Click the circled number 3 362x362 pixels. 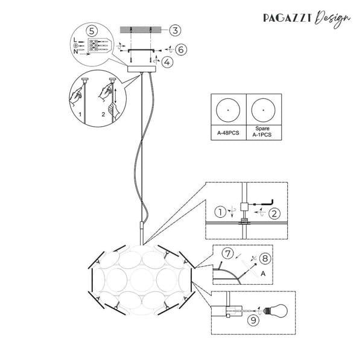(175, 30)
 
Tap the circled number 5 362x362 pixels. (92, 31)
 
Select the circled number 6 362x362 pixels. (181, 49)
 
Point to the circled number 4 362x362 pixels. (167, 62)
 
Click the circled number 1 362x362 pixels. (220, 212)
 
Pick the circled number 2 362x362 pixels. (275, 214)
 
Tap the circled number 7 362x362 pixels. (228, 253)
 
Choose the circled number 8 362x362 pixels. (265, 258)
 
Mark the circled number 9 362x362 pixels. (253, 320)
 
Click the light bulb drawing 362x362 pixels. (276, 311)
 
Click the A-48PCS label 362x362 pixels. (228, 133)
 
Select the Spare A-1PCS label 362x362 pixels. (262, 132)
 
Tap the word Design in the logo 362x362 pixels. (332, 19)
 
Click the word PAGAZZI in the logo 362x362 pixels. (288, 18)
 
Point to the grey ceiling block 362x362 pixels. (141, 30)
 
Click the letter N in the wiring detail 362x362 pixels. (75, 51)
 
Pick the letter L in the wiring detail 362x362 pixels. (75, 40)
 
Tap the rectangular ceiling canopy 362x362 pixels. (142, 69)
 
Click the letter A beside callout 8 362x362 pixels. (263, 273)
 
